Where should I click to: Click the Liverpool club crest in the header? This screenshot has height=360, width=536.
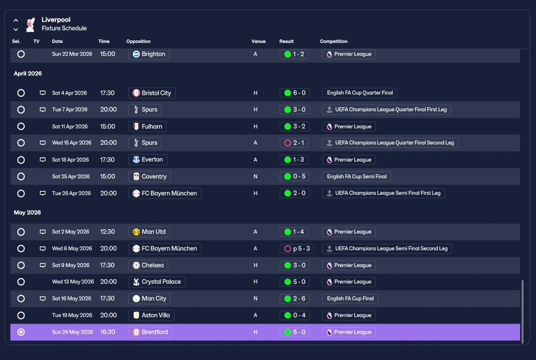(31, 24)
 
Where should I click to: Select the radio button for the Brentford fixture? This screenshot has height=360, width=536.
(21, 332)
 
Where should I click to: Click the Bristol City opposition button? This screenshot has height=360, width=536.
(152, 93)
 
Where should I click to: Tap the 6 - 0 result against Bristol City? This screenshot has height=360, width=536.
(294, 93)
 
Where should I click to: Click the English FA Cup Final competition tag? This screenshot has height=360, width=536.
(350, 298)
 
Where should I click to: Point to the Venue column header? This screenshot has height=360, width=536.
(258, 41)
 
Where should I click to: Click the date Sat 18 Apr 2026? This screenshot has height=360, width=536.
(70, 160)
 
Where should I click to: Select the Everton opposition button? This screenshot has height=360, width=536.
(148, 159)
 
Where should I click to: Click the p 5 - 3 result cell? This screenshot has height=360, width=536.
(297, 249)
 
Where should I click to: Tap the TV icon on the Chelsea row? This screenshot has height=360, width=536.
(43, 265)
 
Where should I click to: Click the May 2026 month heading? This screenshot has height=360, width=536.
(27, 212)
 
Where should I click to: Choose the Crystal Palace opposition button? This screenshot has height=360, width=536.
(157, 282)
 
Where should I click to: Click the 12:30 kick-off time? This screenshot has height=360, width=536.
(108, 232)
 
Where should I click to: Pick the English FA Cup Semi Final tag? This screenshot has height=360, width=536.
(356, 177)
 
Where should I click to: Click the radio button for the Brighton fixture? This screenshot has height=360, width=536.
(21, 54)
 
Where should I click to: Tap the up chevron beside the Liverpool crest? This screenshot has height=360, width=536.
(16, 21)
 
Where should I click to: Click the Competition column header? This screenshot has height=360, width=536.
(334, 41)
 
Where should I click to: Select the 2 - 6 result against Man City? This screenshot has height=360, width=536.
(294, 298)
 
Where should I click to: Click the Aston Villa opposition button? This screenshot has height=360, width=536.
(151, 315)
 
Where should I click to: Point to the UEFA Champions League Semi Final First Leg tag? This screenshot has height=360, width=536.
(383, 193)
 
